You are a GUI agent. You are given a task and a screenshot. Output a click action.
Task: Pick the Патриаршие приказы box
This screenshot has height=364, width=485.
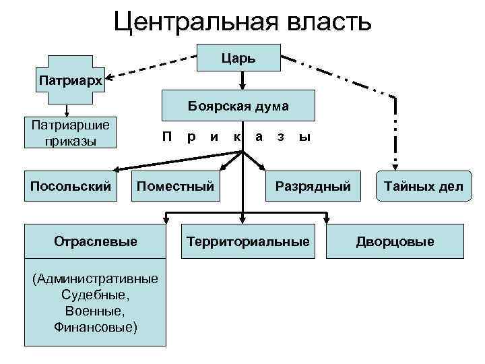click(x=70, y=133)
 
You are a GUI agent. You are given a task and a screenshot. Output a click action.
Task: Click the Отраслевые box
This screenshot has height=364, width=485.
click(x=94, y=241)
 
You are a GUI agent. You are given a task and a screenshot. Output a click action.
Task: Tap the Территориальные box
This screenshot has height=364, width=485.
click(x=248, y=241)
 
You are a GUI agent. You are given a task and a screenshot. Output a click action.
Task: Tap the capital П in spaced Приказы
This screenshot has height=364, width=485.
click(x=167, y=137)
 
